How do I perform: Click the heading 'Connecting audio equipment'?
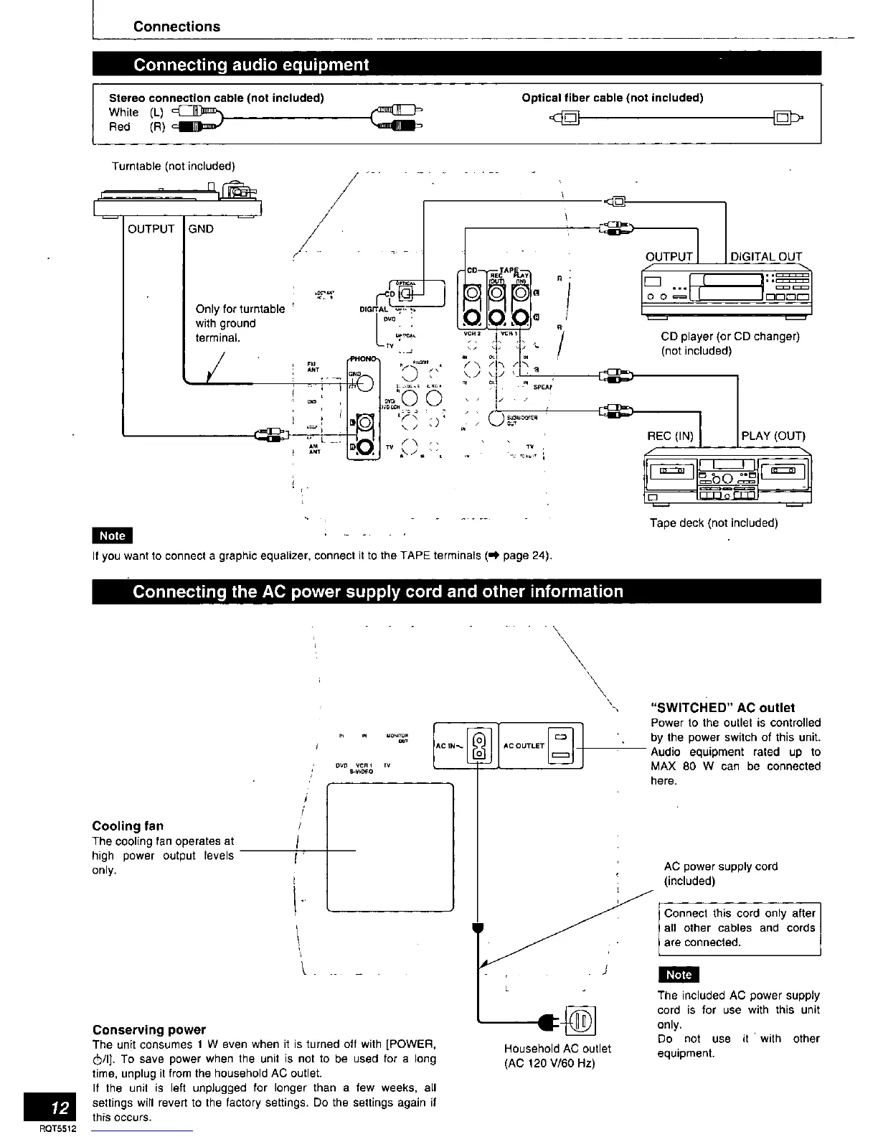[x=251, y=65]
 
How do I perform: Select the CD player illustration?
[x=726, y=291]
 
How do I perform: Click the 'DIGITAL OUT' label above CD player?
[x=765, y=256]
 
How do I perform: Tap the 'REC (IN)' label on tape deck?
[x=671, y=436]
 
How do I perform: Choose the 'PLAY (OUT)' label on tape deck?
[x=773, y=436]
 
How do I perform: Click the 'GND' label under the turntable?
[x=201, y=229]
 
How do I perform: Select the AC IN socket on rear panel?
[x=478, y=745]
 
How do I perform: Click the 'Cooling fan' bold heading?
[x=128, y=825]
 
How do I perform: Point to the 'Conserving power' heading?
[x=149, y=1029]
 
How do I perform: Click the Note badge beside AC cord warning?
[x=678, y=974]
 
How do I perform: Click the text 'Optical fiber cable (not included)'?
[x=612, y=98]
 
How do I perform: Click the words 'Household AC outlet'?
[x=557, y=1048]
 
